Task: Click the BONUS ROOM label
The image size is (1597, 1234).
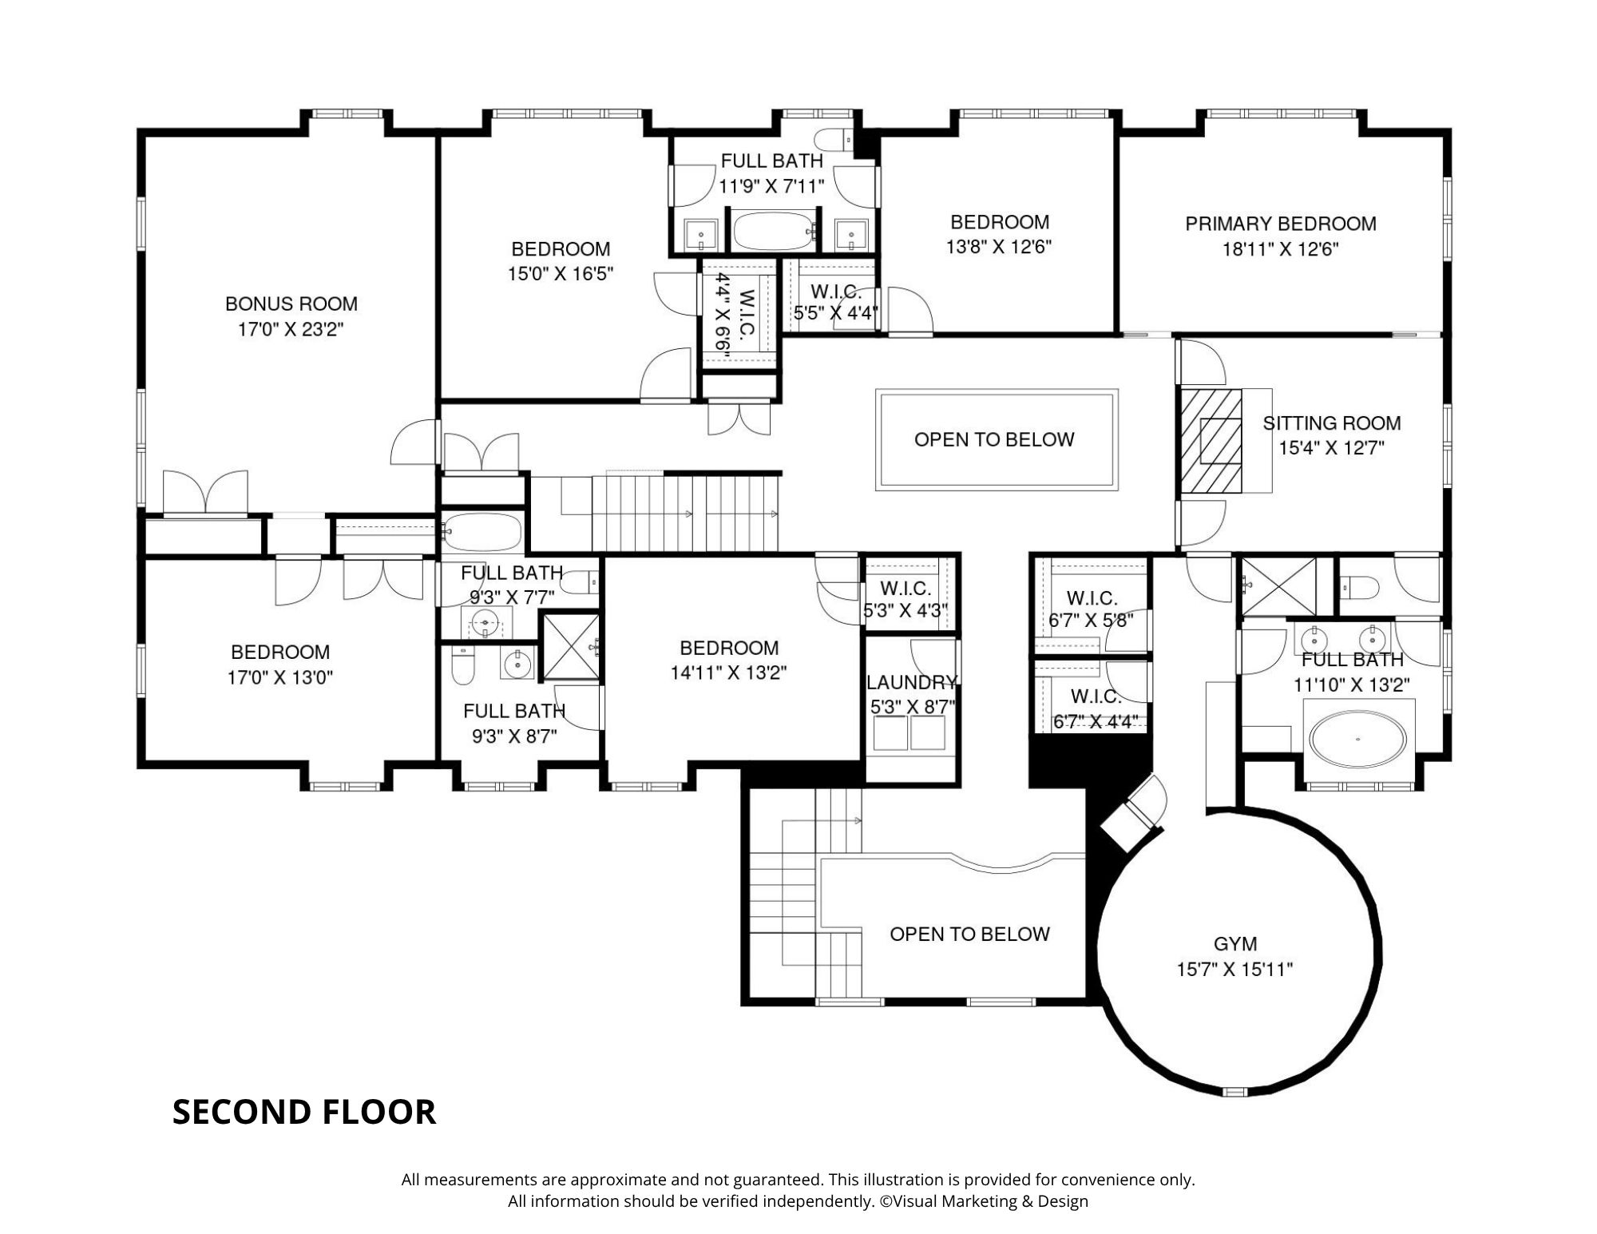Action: point(291,304)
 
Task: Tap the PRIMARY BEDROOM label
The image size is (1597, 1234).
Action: point(1281,224)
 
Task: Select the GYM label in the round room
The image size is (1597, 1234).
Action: point(1235,944)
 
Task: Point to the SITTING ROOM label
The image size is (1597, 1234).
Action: point(1332,423)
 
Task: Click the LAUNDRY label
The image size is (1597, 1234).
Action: point(912,682)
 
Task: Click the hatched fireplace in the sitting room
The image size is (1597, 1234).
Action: point(1211,441)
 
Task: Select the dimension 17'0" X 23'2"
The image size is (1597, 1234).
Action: point(291,329)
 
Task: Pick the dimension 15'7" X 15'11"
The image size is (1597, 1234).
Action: point(1234,970)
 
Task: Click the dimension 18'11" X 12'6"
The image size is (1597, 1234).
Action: point(1281,249)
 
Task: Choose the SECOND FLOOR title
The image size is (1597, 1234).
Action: point(304,1112)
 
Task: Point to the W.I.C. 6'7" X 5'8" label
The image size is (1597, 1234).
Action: point(1092,609)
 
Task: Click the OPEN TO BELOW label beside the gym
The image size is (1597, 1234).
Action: point(969,934)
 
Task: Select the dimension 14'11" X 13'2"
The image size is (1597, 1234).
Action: point(728,673)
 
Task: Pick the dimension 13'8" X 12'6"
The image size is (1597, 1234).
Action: point(999,247)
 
